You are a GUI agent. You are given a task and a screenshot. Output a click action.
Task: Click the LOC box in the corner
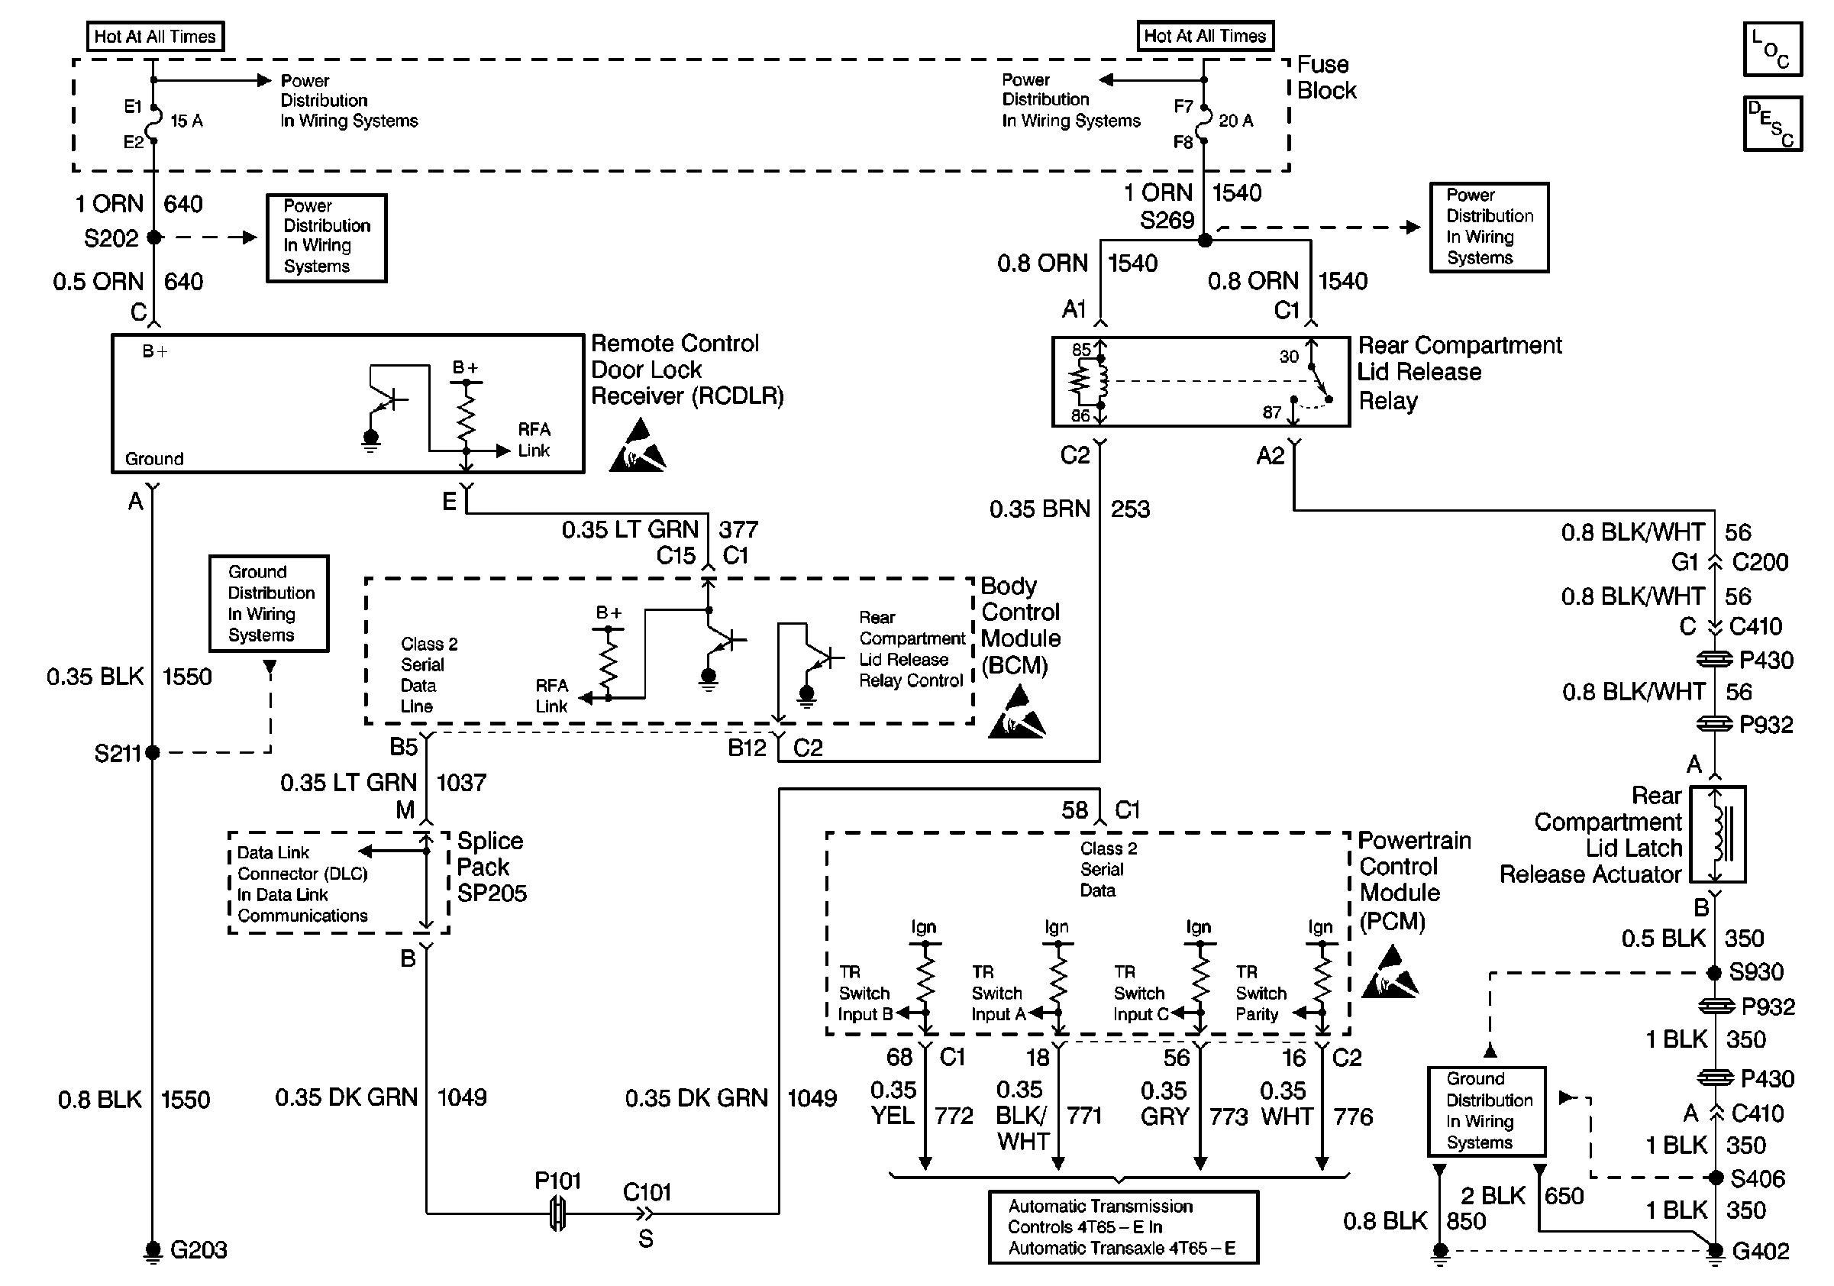pyautogui.click(x=1771, y=50)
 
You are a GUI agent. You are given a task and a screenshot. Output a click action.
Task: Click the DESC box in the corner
pyautogui.click(x=1771, y=124)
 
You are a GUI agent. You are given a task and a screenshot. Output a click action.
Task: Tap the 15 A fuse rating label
pyautogui.click(x=187, y=121)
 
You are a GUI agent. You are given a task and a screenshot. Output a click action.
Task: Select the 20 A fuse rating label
pyautogui.click(x=1235, y=121)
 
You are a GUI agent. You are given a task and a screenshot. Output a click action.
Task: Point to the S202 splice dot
pyautogui.click(x=154, y=237)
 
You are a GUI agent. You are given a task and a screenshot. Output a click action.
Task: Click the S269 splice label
pyautogui.click(x=1166, y=221)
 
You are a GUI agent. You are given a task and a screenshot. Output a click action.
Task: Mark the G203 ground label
pyautogui.click(x=198, y=1249)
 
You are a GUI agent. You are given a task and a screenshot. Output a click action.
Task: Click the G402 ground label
pyautogui.click(x=1761, y=1251)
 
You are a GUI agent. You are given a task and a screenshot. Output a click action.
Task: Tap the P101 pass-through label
pyautogui.click(x=557, y=1181)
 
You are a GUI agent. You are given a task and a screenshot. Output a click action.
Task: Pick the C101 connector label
pyautogui.click(x=647, y=1193)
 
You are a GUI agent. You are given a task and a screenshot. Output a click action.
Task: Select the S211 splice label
pyautogui.click(x=117, y=753)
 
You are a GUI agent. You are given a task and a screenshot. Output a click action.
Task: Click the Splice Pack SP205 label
pyautogui.click(x=490, y=867)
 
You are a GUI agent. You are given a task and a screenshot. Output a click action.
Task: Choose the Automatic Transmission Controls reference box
pyautogui.click(x=1122, y=1227)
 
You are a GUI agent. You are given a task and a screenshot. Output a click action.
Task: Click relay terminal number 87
pyautogui.click(x=1271, y=412)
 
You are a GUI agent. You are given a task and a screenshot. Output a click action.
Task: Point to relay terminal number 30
pyautogui.click(x=1288, y=356)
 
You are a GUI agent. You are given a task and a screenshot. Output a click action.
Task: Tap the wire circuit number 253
pyautogui.click(x=1130, y=509)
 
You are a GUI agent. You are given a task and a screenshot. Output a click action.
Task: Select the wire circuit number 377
pyautogui.click(x=738, y=529)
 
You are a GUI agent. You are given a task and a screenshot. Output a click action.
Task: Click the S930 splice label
pyautogui.click(x=1755, y=972)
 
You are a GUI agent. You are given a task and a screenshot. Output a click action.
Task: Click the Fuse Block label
pyautogui.click(x=1326, y=77)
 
